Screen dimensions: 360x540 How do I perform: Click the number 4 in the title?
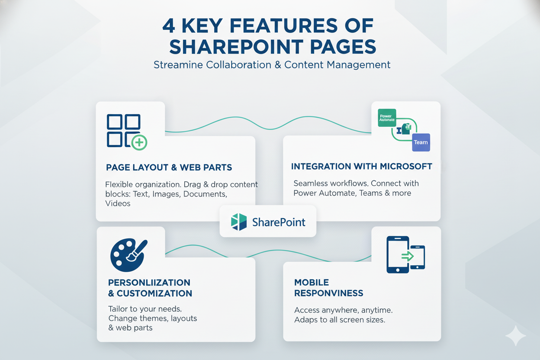[x=169, y=26]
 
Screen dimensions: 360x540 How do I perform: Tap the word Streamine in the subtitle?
[x=177, y=65]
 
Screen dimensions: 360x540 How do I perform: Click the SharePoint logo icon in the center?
[x=238, y=222]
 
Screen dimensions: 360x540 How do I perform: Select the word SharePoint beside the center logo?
[x=279, y=222]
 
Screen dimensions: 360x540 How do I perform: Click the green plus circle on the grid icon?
[x=139, y=141]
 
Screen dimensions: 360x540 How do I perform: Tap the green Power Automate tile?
[x=387, y=117]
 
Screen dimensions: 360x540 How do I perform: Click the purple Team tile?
[x=421, y=142]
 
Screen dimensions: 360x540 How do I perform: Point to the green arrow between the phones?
[x=407, y=256]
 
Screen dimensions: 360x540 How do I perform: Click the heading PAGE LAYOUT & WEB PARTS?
[x=169, y=167]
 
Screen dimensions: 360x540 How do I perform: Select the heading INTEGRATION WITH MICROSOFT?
[x=361, y=166]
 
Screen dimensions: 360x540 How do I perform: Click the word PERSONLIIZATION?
[x=149, y=283]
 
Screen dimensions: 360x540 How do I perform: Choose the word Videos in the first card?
[x=118, y=203]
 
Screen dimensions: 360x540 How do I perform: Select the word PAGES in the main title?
[x=344, y=47]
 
